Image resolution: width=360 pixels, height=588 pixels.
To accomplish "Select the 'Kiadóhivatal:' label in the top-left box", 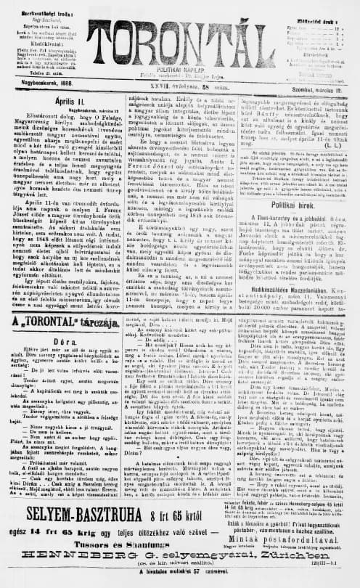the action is [x=26, y=43].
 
